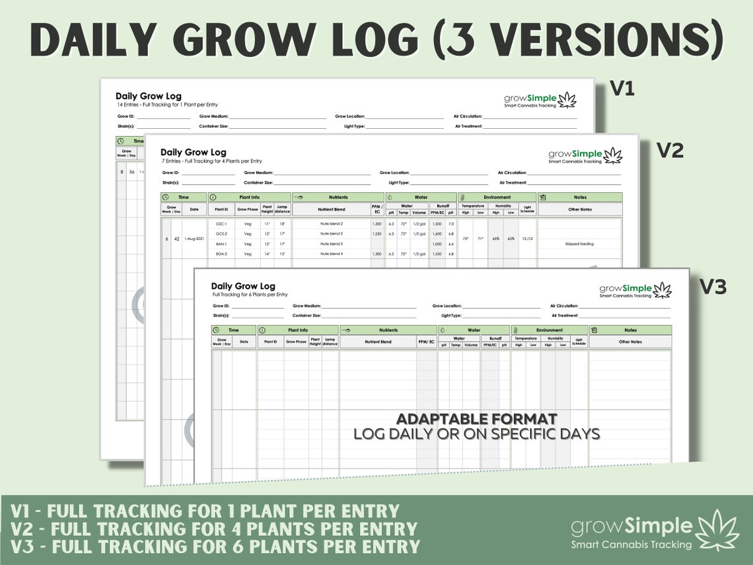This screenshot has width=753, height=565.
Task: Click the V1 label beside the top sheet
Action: point(622,89)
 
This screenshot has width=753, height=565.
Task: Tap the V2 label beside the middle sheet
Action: point(669,151)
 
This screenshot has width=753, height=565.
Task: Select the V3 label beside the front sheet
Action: point(713,287)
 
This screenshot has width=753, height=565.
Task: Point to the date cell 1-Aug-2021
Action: point(194,239)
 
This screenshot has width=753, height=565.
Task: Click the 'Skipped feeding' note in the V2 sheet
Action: point(579,244)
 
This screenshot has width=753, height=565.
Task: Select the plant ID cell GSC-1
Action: point(221,224)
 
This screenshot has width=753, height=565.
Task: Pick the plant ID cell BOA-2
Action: point(221,254)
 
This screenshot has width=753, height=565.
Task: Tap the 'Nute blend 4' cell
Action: point(331,254)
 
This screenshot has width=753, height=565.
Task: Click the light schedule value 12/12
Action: point(527,239)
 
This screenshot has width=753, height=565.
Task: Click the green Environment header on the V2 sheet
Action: point(497,197)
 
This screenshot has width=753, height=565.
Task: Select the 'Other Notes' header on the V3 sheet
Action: point(630,342)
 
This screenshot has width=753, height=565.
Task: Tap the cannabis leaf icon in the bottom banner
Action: point(719,529)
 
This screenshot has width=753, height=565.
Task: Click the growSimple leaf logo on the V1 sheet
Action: point(567,100)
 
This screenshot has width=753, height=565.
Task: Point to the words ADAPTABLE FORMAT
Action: point(476,419)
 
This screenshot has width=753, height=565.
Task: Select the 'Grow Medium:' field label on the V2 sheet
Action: point(258,172)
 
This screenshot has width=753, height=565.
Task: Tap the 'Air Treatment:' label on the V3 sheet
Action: point(563,316)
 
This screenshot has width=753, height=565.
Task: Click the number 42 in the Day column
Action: point(176,239)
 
